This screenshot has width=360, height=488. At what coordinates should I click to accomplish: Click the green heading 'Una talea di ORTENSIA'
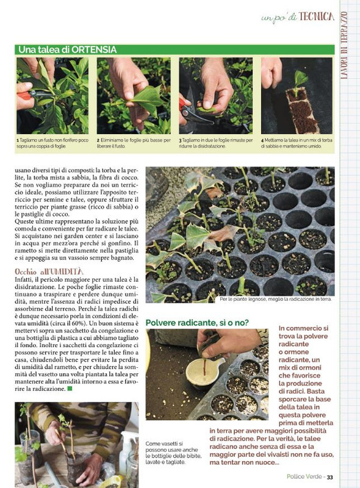pos(67,49)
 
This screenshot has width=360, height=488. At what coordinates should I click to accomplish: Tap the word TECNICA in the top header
pos(317,16)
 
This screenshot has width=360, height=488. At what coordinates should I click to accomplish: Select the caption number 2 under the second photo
pos(98,140)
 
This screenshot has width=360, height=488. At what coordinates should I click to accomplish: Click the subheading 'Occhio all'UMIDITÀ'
pos(49,271)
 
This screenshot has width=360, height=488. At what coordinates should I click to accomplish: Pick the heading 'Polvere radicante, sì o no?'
pos(197,321)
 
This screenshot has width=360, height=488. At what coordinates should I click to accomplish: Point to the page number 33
pos(329,477)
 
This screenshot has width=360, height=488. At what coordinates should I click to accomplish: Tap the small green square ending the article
pos(70,388)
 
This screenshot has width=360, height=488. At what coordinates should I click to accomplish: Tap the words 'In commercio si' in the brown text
pos(303,328)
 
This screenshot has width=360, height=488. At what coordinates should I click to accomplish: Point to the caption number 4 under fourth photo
pos(262,140)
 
